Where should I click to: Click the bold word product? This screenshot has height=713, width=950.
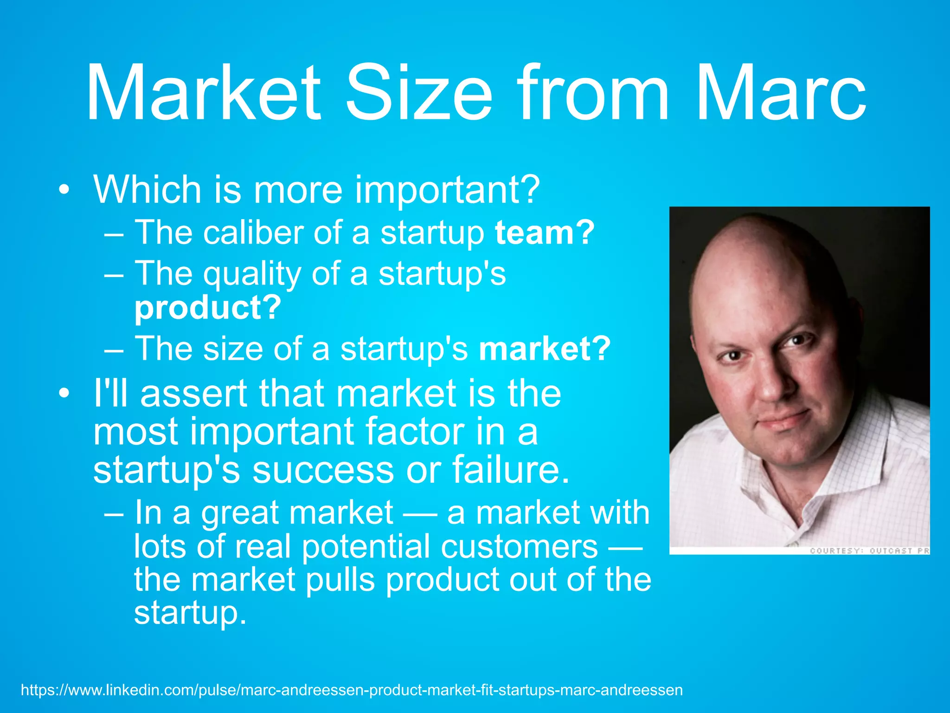pos(208,308)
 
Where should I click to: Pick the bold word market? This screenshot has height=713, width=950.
pos(545,349)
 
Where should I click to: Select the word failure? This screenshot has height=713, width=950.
pos(510,470)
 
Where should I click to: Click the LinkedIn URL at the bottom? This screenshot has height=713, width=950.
pos(352,690)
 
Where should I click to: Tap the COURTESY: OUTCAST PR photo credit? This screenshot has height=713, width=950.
pos(869,551)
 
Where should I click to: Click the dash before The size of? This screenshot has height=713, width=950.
pos(114,349)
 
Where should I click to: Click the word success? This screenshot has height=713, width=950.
pos(324,470)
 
